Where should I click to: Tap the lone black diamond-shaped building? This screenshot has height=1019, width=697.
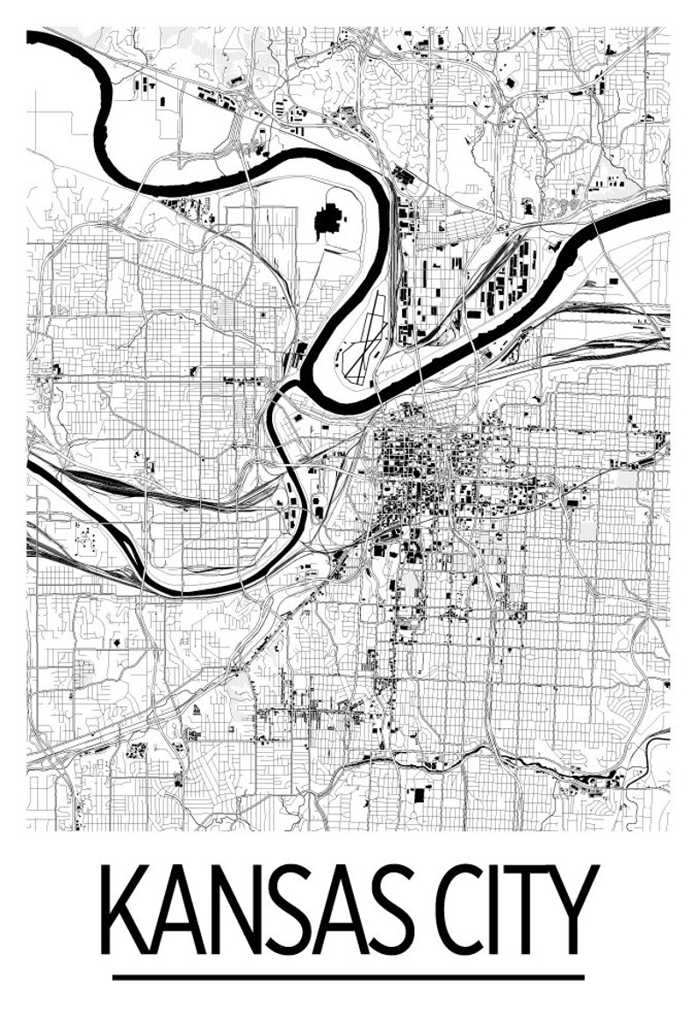[x=119, y=643]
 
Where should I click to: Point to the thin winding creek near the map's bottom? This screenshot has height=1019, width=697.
[x=527, y=762]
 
